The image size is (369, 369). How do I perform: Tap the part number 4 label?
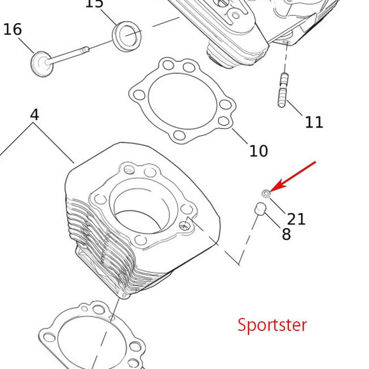[x=35, y=115]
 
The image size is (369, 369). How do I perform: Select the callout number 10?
[x=258, y=150]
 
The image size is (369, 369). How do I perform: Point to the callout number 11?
[x=314, y=121]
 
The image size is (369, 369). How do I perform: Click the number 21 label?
[x=296, y=219]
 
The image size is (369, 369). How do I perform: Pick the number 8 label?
[x=286, y=234]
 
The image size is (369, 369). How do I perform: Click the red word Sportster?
[x=272, y=325]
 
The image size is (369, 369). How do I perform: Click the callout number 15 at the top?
[x=94, y=4]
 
